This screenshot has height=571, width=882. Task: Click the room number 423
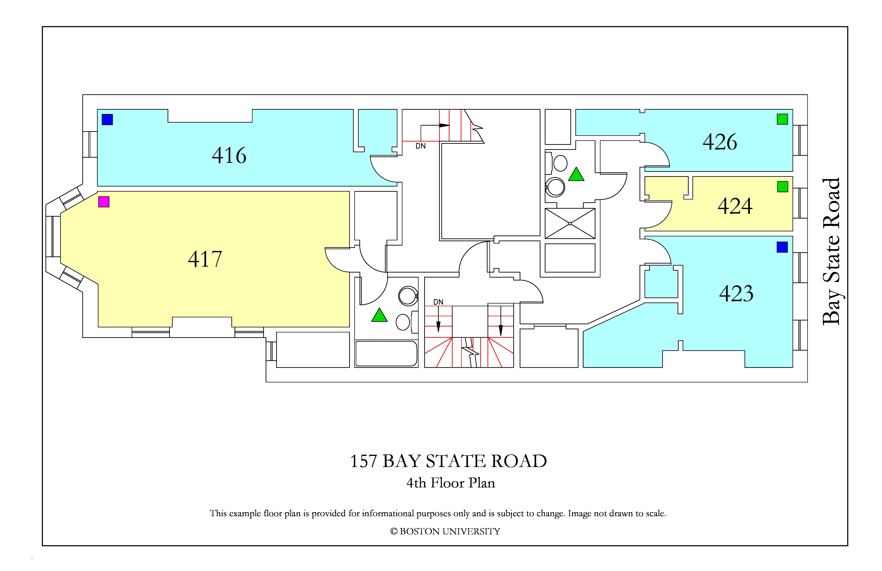(736, 294)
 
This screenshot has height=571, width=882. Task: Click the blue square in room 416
(107, 119)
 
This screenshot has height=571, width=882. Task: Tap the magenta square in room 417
(104, 202)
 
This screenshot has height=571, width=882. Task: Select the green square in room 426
(782, 119)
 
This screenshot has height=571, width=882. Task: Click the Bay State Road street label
(831, 251)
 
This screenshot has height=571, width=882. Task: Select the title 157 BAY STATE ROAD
(448, 461)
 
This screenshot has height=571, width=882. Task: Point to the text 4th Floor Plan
(451, 483)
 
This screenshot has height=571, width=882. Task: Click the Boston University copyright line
(445, 531)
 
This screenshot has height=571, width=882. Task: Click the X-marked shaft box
(570, 224)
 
